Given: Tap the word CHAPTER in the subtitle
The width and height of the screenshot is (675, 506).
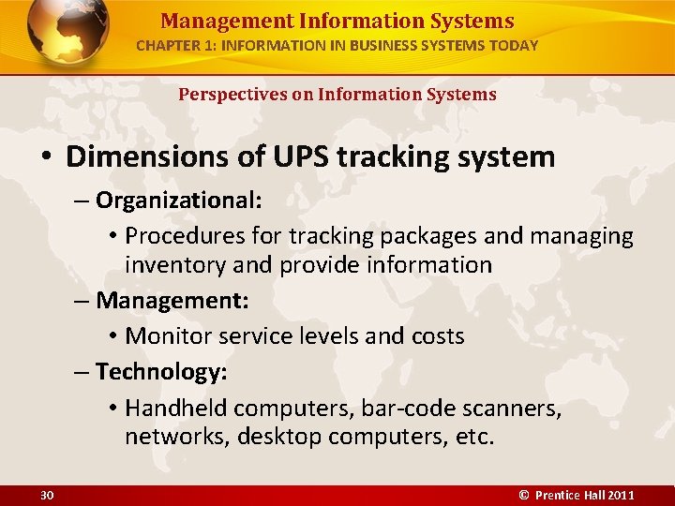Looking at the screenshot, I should pos(167,45).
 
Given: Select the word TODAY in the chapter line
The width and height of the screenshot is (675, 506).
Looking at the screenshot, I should pos(515,45).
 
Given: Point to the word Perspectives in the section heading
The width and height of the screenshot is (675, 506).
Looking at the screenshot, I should pos(226,94).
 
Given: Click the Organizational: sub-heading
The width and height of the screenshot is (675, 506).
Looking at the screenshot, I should pos(178,200).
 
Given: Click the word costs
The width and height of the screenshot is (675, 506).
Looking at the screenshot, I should pos(435,335).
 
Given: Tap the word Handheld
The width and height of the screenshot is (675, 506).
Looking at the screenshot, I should pos(176,408).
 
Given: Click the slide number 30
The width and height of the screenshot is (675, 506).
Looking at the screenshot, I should pos(47,495).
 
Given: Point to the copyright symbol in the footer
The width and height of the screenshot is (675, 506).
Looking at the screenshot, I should pos(524,495).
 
